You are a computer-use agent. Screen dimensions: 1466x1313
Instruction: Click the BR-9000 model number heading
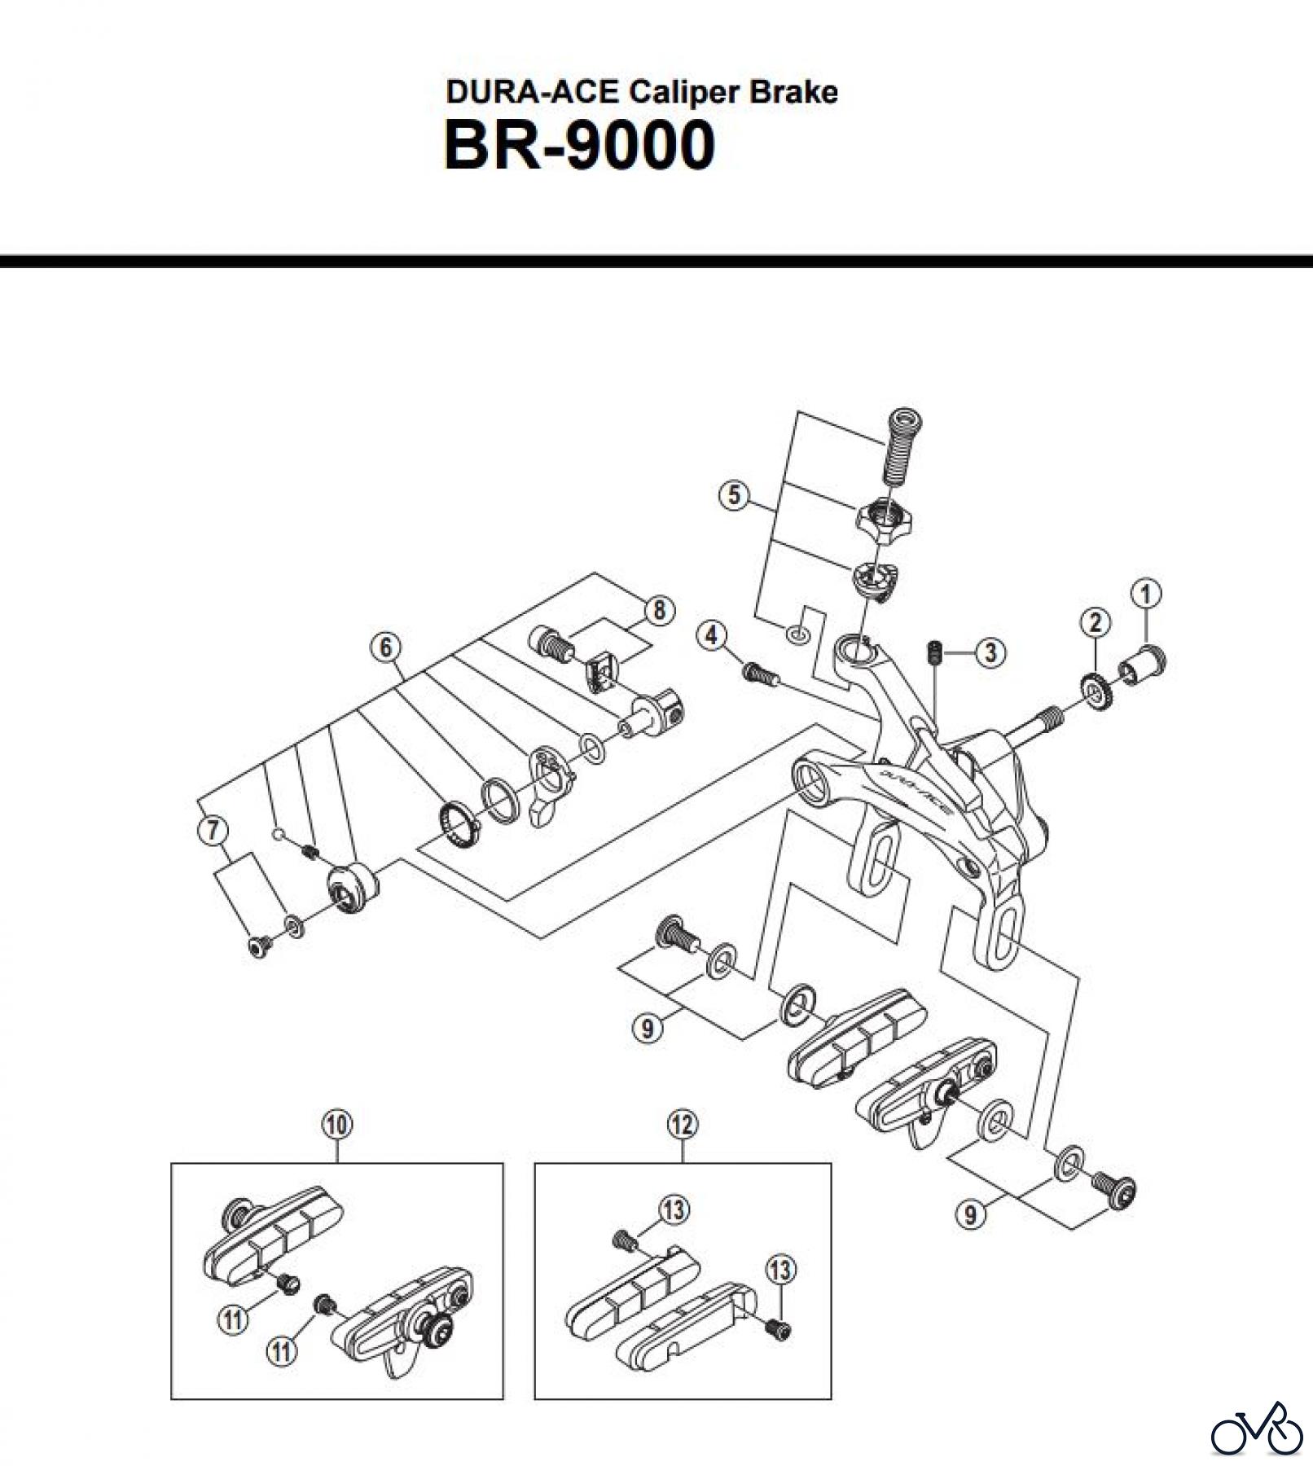[x=579, y=146]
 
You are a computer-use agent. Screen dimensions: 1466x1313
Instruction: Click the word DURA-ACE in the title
[x=532, y=92]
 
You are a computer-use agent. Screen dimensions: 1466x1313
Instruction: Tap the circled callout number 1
[x=1146, y=595]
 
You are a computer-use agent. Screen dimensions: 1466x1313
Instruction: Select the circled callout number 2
[x=1095, y=623]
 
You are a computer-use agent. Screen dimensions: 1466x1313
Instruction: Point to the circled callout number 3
[x=990, y=652]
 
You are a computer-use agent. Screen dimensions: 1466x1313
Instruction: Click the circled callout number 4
[x=713, y=634]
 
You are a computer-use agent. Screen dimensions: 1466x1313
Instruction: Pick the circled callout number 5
[x=735, y=494]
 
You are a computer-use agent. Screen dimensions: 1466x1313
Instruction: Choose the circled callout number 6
[x=386, y=647]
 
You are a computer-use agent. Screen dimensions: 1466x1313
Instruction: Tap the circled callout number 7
[x=213, y=830]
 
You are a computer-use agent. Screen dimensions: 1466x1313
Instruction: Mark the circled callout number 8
[x=659, y=610]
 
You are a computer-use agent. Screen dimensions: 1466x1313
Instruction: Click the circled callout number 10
[x=337, y=1125]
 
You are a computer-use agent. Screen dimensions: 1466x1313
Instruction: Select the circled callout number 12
[x=682, y=1125]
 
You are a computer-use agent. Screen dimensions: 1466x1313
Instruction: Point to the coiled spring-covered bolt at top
[x=902, y=445]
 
